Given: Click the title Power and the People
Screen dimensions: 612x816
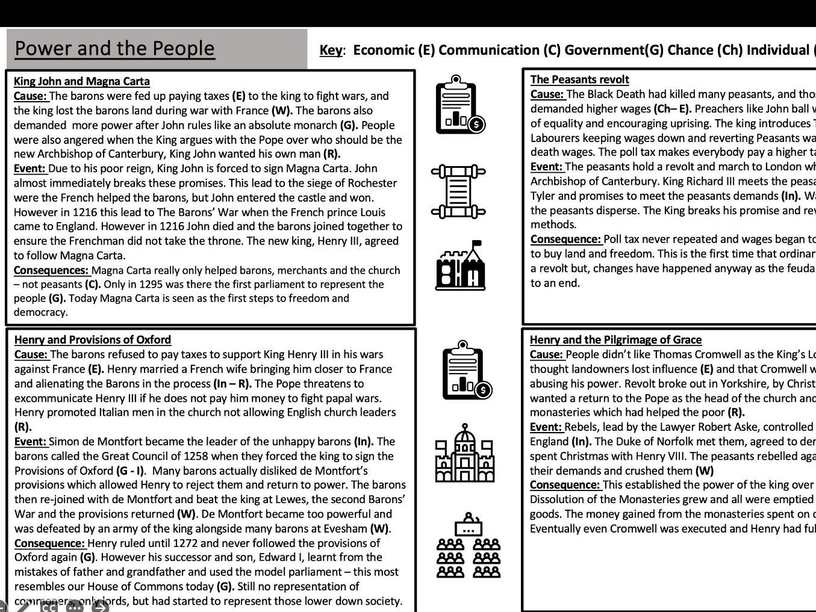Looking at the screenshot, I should (x=114, y=48).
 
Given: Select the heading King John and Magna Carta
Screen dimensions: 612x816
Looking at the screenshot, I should (x=82, y=81).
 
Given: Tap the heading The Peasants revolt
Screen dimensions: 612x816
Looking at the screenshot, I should (x=579, y=79).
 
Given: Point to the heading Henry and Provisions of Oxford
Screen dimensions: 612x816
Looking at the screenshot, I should (x=93, y=340).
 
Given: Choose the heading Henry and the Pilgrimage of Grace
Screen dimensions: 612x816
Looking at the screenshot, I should (x=615, y=340).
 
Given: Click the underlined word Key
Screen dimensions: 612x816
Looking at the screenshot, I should (x=331, y=50).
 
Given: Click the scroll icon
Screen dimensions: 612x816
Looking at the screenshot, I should (x=458, y=191).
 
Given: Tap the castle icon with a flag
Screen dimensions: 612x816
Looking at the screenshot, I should (x=461, y=265).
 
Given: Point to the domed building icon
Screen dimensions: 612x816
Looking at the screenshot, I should (x=465, y=454).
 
